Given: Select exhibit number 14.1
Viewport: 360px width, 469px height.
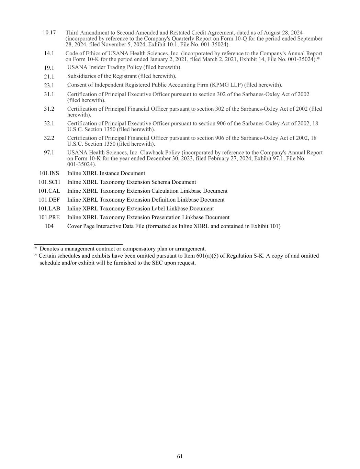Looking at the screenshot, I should coord(49,54).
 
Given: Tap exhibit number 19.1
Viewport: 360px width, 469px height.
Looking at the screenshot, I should coord(49,68).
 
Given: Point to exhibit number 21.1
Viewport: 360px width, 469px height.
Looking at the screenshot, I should coord(49,77).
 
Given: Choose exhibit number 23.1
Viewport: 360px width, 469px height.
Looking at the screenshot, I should coord(49,85).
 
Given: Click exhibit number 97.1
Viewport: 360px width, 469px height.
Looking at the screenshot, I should coord(49,153).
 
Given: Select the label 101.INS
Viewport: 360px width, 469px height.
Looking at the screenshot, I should coord(49,174).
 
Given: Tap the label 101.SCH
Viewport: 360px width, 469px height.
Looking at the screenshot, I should coord(49,182).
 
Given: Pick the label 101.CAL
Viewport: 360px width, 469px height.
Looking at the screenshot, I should coord(49,191).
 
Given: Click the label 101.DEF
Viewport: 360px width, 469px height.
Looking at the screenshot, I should coord(49,200).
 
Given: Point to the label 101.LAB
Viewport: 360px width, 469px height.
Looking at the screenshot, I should coord(49,209).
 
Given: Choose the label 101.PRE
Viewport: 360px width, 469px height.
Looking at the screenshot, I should coord(49,217).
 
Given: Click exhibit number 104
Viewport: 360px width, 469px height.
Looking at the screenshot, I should coord(49,226).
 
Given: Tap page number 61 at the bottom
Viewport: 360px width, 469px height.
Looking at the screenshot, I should coord(180,456).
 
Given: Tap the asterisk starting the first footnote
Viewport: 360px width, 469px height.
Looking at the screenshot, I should coord(36,249).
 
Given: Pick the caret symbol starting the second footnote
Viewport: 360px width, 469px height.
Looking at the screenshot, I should coord(36,256).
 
